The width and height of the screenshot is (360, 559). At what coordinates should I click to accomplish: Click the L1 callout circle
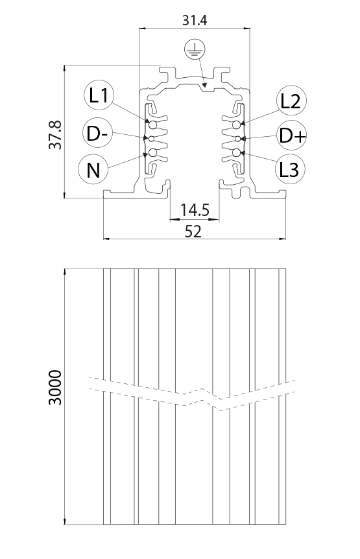pos(99,95)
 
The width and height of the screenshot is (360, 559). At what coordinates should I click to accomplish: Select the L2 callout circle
pos(291,101)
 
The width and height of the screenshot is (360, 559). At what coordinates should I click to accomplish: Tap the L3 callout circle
pos(290,169)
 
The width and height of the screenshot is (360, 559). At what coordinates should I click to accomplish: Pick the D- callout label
pos(97,133)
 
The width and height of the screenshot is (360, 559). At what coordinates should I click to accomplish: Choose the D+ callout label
pos(292,136)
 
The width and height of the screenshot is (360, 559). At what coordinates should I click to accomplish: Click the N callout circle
pos(93,169)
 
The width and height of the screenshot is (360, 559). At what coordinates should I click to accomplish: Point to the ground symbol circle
pos(195,50)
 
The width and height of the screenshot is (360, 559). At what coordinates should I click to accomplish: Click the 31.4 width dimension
pos(195,20)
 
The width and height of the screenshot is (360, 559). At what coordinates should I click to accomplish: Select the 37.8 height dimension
pos(55,135)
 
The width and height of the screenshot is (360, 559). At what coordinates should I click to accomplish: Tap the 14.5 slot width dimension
pos(194,210)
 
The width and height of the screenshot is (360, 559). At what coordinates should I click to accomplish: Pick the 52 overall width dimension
pos(193,232)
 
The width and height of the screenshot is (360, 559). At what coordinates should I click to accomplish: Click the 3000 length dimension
pos(55,388)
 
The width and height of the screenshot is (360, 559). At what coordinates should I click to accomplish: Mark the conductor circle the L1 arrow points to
pos(152,125)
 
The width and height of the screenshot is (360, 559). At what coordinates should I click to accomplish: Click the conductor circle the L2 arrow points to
pos(237,125)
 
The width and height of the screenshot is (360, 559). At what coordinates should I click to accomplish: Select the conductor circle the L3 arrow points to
pos(237,153)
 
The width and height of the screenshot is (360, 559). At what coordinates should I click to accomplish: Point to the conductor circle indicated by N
pos(152,153)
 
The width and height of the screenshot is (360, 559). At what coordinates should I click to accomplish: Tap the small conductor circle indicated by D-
pos(150,139)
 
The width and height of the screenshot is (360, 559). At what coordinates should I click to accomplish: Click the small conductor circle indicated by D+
pos(238,139)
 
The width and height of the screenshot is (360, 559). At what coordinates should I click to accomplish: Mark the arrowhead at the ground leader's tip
pos(204,84)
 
